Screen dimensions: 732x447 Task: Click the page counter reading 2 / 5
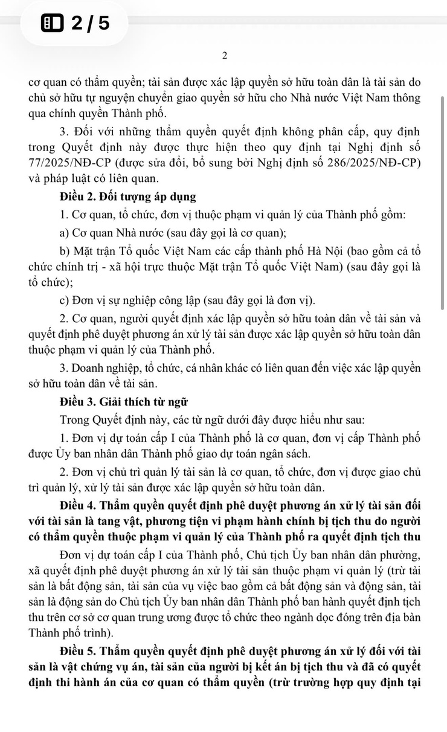[91, 24]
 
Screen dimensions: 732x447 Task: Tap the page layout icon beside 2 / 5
[53, 24]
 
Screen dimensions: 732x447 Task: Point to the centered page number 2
[224, 56]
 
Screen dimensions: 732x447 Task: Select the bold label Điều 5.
[82, 652]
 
